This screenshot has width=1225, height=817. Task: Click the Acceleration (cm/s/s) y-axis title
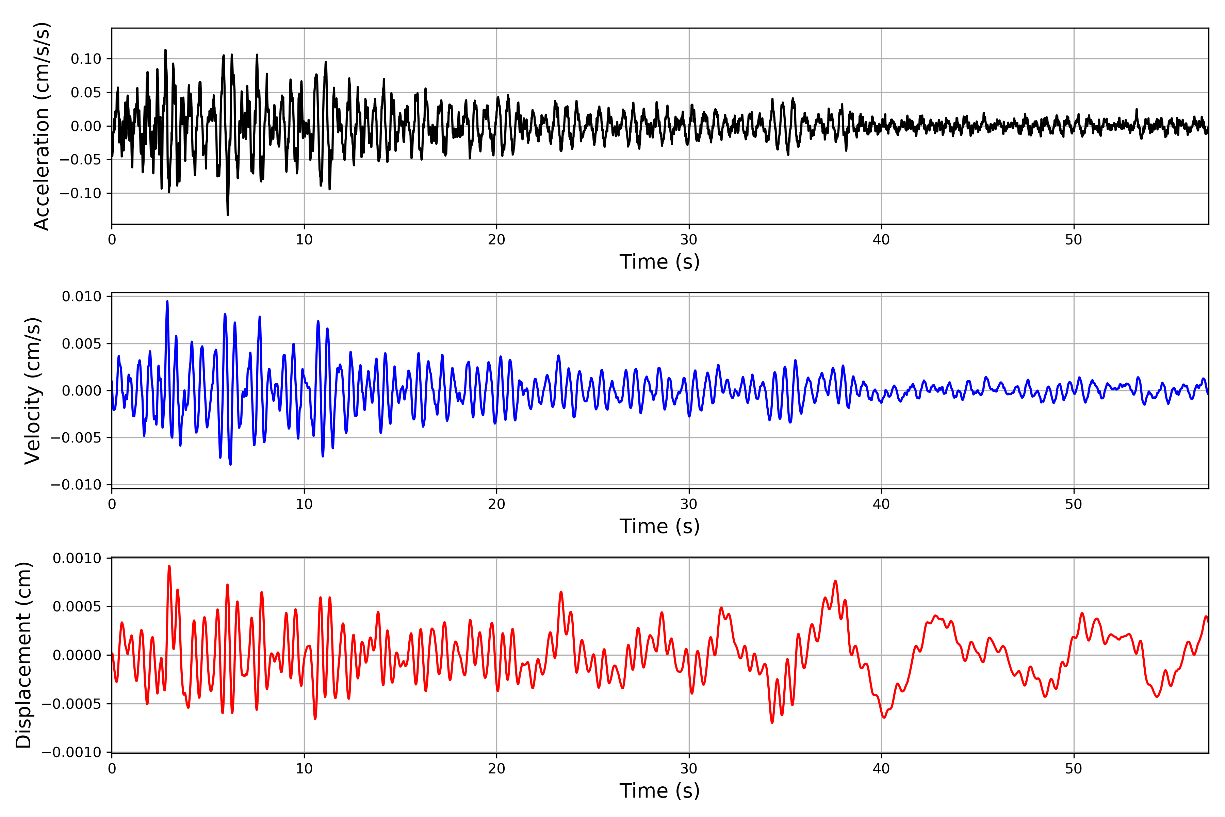pos(42,126)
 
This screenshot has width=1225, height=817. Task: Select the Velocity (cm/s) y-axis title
pos(33,391)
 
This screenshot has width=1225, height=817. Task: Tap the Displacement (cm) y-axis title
pos(24,655)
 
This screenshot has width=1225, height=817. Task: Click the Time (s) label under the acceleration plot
pos(659,261)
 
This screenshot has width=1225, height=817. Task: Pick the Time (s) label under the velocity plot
pos(659,526)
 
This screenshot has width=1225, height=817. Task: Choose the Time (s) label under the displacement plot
pos(659,791)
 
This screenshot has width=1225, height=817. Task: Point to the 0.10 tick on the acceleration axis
pos(86,59)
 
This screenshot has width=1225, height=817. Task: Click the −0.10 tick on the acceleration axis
pos(81,193)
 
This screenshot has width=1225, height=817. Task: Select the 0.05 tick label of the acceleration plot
pos(86,93)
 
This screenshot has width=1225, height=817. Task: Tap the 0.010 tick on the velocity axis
pos(82,297)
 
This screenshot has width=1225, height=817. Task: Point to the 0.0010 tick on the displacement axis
pos(77,559)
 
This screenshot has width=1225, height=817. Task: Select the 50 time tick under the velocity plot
pos(1074,504)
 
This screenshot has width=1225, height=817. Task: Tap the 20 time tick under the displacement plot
pos(496,769)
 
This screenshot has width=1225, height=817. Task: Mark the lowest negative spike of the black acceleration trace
pos(228,214)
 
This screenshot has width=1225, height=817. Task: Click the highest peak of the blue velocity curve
pos(167,301)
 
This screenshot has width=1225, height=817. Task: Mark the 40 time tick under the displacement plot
pos(881,769)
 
